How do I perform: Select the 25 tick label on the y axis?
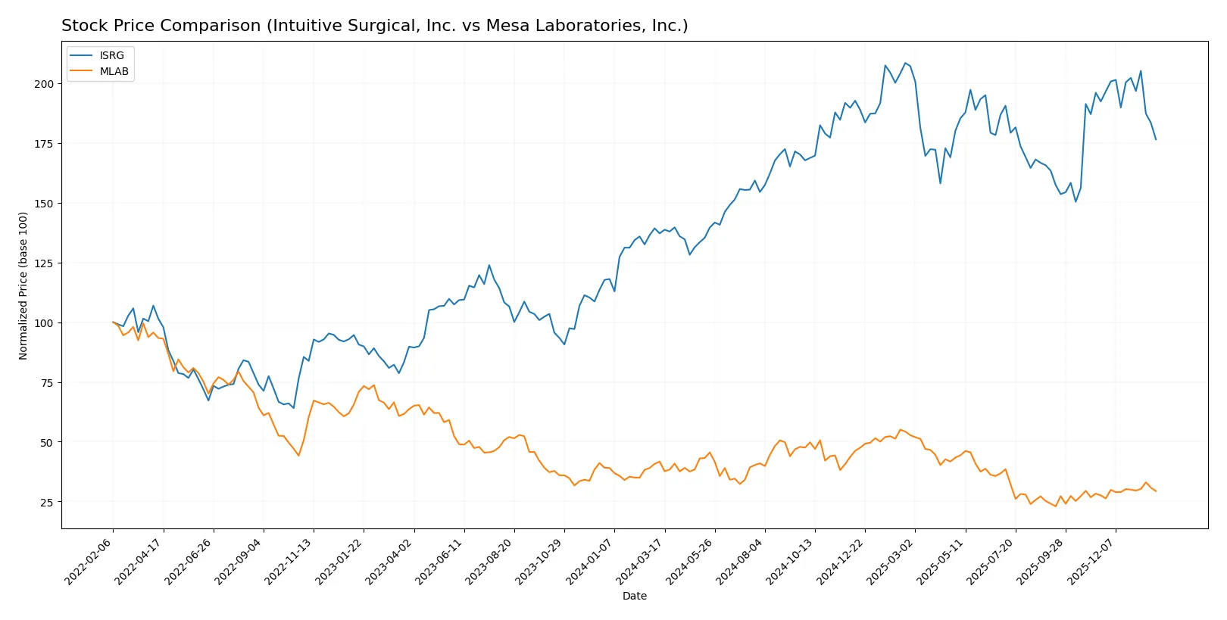(x=47, y=503)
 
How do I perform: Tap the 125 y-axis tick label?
(x=44, y=263)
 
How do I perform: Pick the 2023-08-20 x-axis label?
(x=490, y=562)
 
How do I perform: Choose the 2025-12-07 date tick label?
(x=1091, y=562)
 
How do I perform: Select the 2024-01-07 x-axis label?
(x=590, y=562)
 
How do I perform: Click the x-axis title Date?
(x=634, y=597)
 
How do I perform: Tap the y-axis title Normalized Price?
(x=23, y=285)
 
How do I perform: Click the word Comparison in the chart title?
(x=210, y=26)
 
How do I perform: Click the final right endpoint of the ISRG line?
(x=1156, y=139)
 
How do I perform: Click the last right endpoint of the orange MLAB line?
(x=1156, y=491)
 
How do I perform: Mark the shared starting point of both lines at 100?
(x=113, y=322)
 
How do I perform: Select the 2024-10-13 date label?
(x=791, y=562)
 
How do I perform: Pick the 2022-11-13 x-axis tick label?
(x=289, y=562)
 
